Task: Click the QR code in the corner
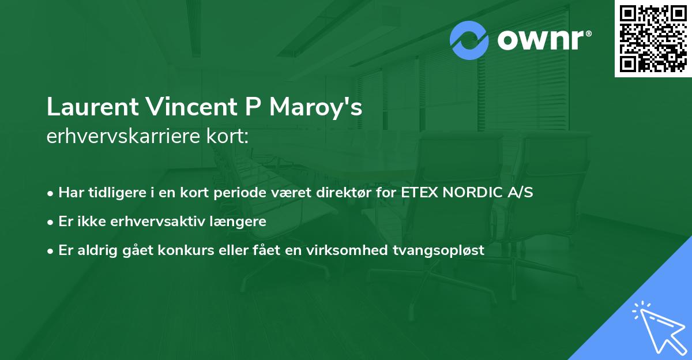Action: point(652,38)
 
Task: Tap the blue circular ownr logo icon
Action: point(469,40)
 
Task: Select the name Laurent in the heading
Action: point(91,107)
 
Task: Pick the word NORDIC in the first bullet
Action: point(471,192)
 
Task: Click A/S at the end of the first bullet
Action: point(518,192)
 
